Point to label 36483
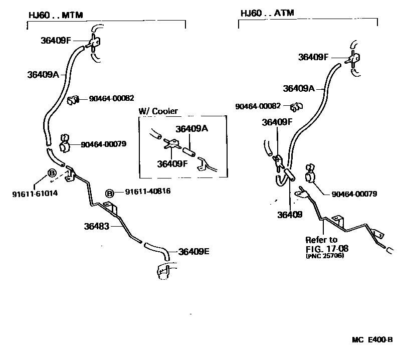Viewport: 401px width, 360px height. pos(96,226)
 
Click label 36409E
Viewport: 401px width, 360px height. pos(193,252)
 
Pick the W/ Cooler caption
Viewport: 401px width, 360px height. pos(158,111)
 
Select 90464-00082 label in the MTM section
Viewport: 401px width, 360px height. pos(111,99)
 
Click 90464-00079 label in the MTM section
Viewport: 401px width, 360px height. pos(103,144)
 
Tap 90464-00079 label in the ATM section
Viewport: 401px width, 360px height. pos(354,194)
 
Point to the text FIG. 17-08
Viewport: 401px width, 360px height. pos(327,248)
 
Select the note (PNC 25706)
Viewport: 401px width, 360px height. pos(325,256)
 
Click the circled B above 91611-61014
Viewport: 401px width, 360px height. pos(51,173)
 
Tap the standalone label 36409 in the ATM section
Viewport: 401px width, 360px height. pos(290,214)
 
